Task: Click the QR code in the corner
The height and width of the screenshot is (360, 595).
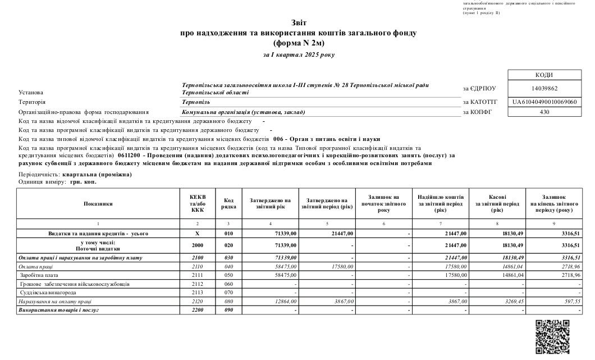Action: point(553,336)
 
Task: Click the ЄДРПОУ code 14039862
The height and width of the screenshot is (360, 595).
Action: point(543,88)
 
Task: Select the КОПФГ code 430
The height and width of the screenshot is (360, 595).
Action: point(543,112)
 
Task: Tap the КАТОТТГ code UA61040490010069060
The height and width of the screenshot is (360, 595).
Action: point(543,102)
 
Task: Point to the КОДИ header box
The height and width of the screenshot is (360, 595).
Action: point(543,75)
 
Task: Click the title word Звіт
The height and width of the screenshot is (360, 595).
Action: point(299,23)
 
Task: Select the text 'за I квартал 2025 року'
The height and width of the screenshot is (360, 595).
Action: point(298,54)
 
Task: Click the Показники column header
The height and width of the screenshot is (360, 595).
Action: point(99,203)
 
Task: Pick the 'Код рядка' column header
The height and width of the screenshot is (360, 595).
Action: point(228,203)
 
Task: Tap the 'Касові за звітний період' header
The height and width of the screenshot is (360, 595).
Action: point(497,203)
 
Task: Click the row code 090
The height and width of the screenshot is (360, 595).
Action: point(228,310)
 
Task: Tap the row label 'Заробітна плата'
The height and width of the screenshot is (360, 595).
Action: point(39,276)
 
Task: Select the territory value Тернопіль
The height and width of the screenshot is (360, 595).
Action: point(196,102)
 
